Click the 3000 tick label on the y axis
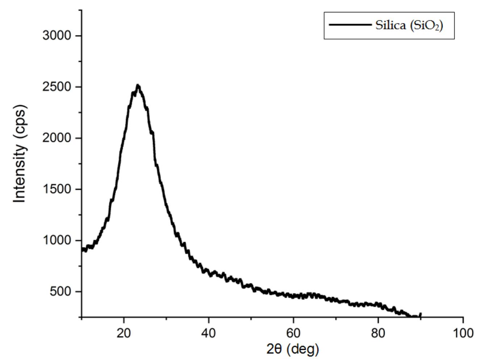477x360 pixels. coord(57,36)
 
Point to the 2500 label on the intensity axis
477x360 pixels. coord(57,87)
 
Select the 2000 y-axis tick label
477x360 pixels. coord(57,138)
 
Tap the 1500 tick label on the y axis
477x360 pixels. coord(57,189)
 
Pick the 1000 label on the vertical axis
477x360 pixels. coord(57,240)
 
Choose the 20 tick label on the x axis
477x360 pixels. coord(124,333)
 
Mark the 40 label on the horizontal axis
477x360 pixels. coord(209,333)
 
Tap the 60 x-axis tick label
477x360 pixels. coord(293,333)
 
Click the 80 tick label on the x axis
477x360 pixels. coord(378,333)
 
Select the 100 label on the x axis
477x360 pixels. coord(463,333)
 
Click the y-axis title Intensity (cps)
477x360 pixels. coord(20,154)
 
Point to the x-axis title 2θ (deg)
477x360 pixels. coord(293,349)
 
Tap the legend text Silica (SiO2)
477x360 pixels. coord(409,25)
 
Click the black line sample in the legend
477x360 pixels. coord(350,25)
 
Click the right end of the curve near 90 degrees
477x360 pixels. coord(420,314)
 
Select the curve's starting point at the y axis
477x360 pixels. coord(83,249)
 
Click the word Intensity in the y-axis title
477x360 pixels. coord(20,174)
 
